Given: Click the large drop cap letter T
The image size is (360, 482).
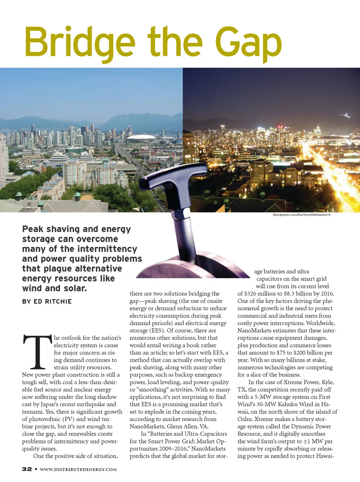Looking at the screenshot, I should pos(37,351).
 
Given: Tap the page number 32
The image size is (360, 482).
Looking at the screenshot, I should pos(27,469).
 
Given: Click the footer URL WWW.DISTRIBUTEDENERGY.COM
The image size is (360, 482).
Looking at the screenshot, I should pos(78,469).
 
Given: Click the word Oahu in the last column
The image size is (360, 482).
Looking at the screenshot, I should pos(244,419).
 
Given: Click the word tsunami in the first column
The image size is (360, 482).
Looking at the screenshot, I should pos(32,411).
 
